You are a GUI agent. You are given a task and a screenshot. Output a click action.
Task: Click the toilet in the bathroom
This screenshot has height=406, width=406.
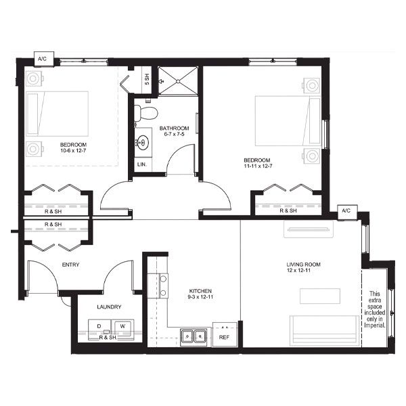[x=145, y=113]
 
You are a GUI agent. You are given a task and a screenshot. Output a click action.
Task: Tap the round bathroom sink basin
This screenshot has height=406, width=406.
[x=142, y=142]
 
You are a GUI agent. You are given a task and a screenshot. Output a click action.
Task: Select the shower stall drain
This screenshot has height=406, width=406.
[x=178, y=81]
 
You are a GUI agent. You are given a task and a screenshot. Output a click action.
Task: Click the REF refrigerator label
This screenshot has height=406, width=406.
[x=224, y=338]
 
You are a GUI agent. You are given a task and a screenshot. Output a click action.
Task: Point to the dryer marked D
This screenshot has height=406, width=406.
[x=99, y=330]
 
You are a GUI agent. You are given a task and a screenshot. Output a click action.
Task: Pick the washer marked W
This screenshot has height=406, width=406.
[x=122, y=329]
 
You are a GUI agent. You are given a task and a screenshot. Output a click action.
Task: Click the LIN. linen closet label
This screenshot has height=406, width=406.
[x=142, y=164]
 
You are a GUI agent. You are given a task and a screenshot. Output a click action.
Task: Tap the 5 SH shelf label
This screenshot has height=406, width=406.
[x=147, y=79]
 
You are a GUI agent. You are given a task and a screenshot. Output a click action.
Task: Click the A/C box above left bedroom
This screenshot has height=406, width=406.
[x=44, y=59]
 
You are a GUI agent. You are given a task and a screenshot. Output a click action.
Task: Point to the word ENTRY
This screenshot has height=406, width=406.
[x=70, y=265]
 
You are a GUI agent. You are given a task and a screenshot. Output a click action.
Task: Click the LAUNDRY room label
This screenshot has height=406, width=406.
[x=109, y=307]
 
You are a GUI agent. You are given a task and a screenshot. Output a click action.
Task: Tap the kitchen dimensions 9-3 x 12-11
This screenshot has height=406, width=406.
[x=200, y=297]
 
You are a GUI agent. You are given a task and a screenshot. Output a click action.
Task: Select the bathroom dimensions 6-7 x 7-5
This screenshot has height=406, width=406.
[x=174, y=134]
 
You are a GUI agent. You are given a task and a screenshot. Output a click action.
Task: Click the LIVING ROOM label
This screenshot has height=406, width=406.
[x=303, y=265]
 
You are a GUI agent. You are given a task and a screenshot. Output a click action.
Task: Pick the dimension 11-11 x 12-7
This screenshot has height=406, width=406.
[x=258, y=166]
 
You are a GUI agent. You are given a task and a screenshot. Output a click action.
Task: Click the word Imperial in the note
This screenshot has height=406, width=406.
[x=375, y=325]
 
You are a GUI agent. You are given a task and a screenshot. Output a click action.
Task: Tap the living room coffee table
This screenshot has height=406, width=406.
[x=320, y=296]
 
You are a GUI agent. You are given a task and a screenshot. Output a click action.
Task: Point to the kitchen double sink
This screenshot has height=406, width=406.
[x=194, y=337]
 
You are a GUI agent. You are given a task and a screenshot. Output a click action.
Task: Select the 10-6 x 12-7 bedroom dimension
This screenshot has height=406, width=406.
[x=73, y=150]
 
